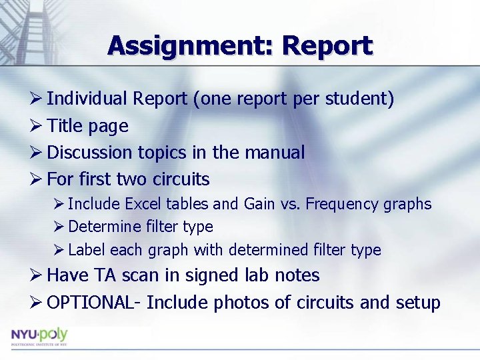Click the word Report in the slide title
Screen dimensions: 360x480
pos(327,45)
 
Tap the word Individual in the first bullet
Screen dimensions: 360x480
pos(87,99)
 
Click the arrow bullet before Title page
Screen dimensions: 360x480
pos(37,126)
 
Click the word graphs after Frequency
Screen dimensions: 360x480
pos(408,204)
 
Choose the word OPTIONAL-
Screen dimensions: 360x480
pos(94,303)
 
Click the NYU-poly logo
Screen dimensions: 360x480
pos(39,335)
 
